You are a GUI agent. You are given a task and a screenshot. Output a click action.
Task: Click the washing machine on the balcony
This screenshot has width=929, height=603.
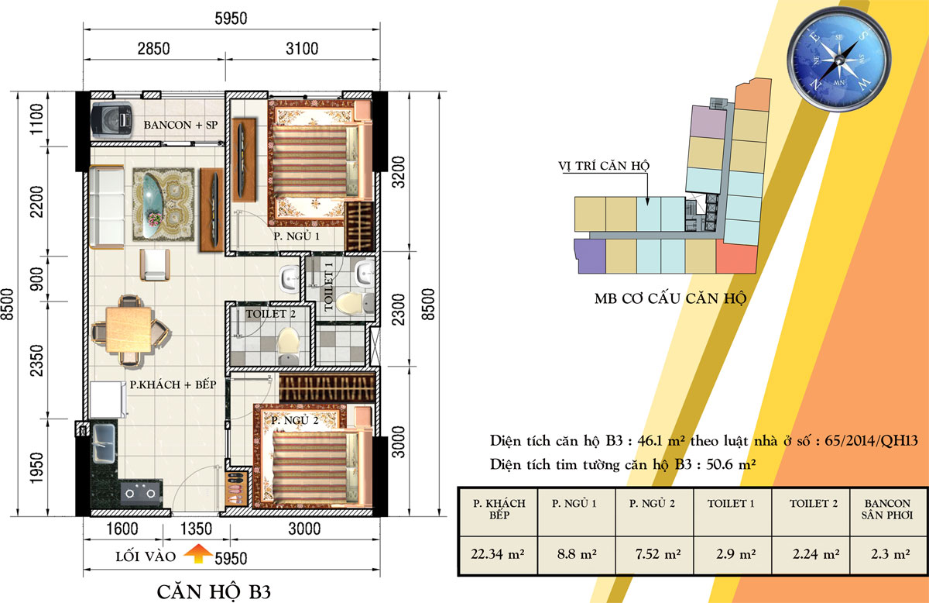(112, 120)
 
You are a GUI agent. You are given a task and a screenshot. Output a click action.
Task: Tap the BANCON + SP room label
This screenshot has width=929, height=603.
(180, 125)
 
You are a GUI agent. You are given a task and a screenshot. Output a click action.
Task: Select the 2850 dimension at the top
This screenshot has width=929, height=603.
(154, 49)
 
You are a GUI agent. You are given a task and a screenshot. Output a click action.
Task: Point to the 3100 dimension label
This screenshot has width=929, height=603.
(302, 49)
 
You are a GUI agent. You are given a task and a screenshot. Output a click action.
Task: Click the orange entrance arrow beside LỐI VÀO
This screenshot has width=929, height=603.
(198, 553)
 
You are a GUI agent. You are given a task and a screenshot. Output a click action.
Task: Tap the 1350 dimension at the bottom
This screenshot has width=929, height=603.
(196, 529)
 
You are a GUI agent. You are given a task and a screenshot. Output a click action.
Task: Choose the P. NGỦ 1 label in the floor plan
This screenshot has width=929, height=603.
(297, 236)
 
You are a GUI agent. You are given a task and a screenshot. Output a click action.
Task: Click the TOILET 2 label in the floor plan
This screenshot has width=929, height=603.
(270, 314)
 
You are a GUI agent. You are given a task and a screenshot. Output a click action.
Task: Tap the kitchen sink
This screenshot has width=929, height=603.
(103, 443)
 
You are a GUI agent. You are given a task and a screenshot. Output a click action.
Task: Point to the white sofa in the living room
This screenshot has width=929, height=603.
(107, 207)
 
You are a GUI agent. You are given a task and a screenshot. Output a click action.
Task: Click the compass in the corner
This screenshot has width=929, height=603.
(839, 59)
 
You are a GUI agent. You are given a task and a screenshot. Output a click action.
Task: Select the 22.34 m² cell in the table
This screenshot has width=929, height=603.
(498, 554)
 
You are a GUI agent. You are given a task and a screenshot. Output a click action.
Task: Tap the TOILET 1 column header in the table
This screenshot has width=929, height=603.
(732, 504)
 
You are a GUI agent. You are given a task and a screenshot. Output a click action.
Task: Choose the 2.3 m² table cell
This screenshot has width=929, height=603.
(890, 554)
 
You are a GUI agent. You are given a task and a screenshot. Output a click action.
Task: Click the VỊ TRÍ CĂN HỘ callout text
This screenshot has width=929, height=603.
(604, 166)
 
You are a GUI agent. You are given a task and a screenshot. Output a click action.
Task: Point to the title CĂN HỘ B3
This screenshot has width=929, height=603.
(214, 592)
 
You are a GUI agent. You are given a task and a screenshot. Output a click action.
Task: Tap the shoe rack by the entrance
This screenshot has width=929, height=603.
(237, 488)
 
